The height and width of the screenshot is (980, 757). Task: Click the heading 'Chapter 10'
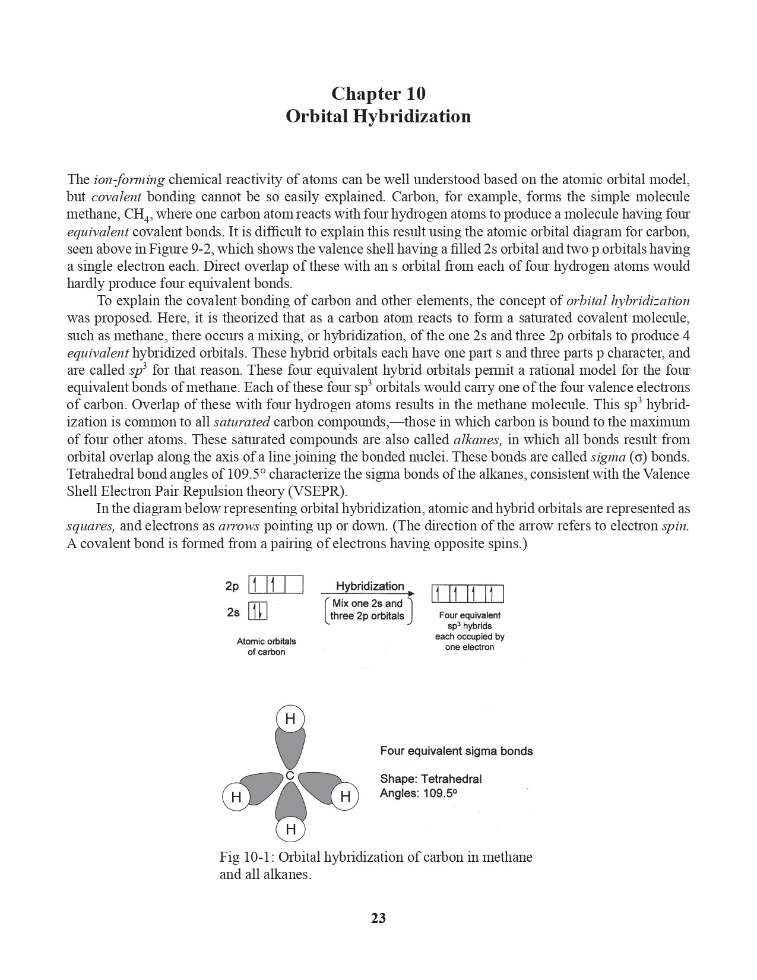tap(378, 93)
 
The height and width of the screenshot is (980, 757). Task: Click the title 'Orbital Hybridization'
tap(378, 116)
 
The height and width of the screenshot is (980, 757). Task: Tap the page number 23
tap(378, 918)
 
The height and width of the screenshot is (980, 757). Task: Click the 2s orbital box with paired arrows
tap(257, 611)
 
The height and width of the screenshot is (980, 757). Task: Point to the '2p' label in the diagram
tap(232, 586)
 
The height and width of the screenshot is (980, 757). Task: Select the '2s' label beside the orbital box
tap(233, 612)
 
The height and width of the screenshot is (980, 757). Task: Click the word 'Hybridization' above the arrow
tap(370, 586)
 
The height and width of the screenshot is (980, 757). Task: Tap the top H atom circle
tap(290, 719)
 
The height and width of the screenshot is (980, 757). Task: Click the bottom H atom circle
tap(291, 829)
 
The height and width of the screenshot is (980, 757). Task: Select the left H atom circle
tap(236, 797)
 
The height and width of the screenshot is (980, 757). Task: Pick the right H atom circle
tap(345, 797)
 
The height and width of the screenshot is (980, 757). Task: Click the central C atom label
tap(290, 776)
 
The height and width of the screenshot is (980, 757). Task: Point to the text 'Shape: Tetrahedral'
tap(430, 779)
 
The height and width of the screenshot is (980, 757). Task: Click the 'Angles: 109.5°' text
tap(419, 794)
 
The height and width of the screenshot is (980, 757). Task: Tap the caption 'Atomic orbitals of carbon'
tap(266, 647)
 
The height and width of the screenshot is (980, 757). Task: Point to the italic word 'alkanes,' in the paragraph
tap(479, 440)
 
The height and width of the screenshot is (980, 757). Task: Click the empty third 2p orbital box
tap(294, 585)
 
